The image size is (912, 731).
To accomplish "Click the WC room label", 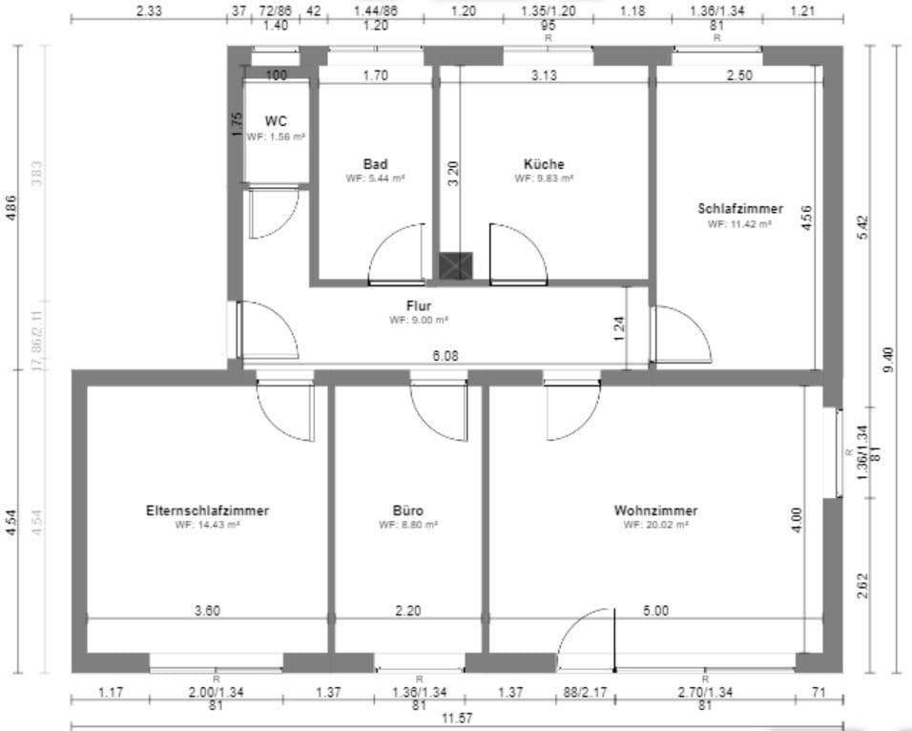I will point(276,121).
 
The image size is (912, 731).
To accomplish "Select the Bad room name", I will point(375,164).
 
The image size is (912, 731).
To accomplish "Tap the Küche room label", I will point(544,164).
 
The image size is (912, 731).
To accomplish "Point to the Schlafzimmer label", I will point(739,208).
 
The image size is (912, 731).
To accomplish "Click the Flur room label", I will point(419,306).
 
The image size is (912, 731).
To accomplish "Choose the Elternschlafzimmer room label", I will point(207,511).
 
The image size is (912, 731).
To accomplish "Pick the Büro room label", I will point(407,511).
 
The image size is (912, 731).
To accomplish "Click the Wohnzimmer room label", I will point(655,511).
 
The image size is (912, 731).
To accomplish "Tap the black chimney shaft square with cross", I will point(454,266).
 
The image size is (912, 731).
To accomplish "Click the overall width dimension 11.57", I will point(458,718).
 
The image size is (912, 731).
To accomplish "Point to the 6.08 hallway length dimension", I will point(445,356).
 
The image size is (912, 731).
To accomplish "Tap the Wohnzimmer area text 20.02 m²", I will point(655,525).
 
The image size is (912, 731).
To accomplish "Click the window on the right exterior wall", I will point(839,452).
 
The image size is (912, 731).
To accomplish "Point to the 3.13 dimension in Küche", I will point(544,76).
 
